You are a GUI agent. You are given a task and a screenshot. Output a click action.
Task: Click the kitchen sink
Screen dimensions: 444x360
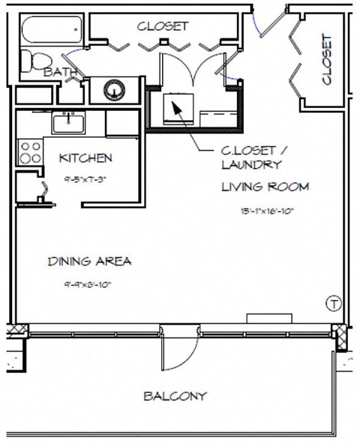[x=69, y=121]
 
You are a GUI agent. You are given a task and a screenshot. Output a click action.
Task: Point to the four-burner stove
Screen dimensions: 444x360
[x=31, y=152]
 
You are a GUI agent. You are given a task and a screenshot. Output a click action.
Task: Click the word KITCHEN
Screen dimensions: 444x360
[x=85, y=157]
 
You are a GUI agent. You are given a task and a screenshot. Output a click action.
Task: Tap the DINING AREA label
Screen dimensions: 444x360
[x=90, y=262]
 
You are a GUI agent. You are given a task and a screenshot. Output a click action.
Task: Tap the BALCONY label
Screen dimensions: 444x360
[x=175, y=396]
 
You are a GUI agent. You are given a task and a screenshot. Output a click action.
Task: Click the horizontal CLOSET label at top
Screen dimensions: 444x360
[x=162, y=25]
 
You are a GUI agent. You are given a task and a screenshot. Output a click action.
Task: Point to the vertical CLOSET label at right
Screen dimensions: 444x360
[x=326, y=59]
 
